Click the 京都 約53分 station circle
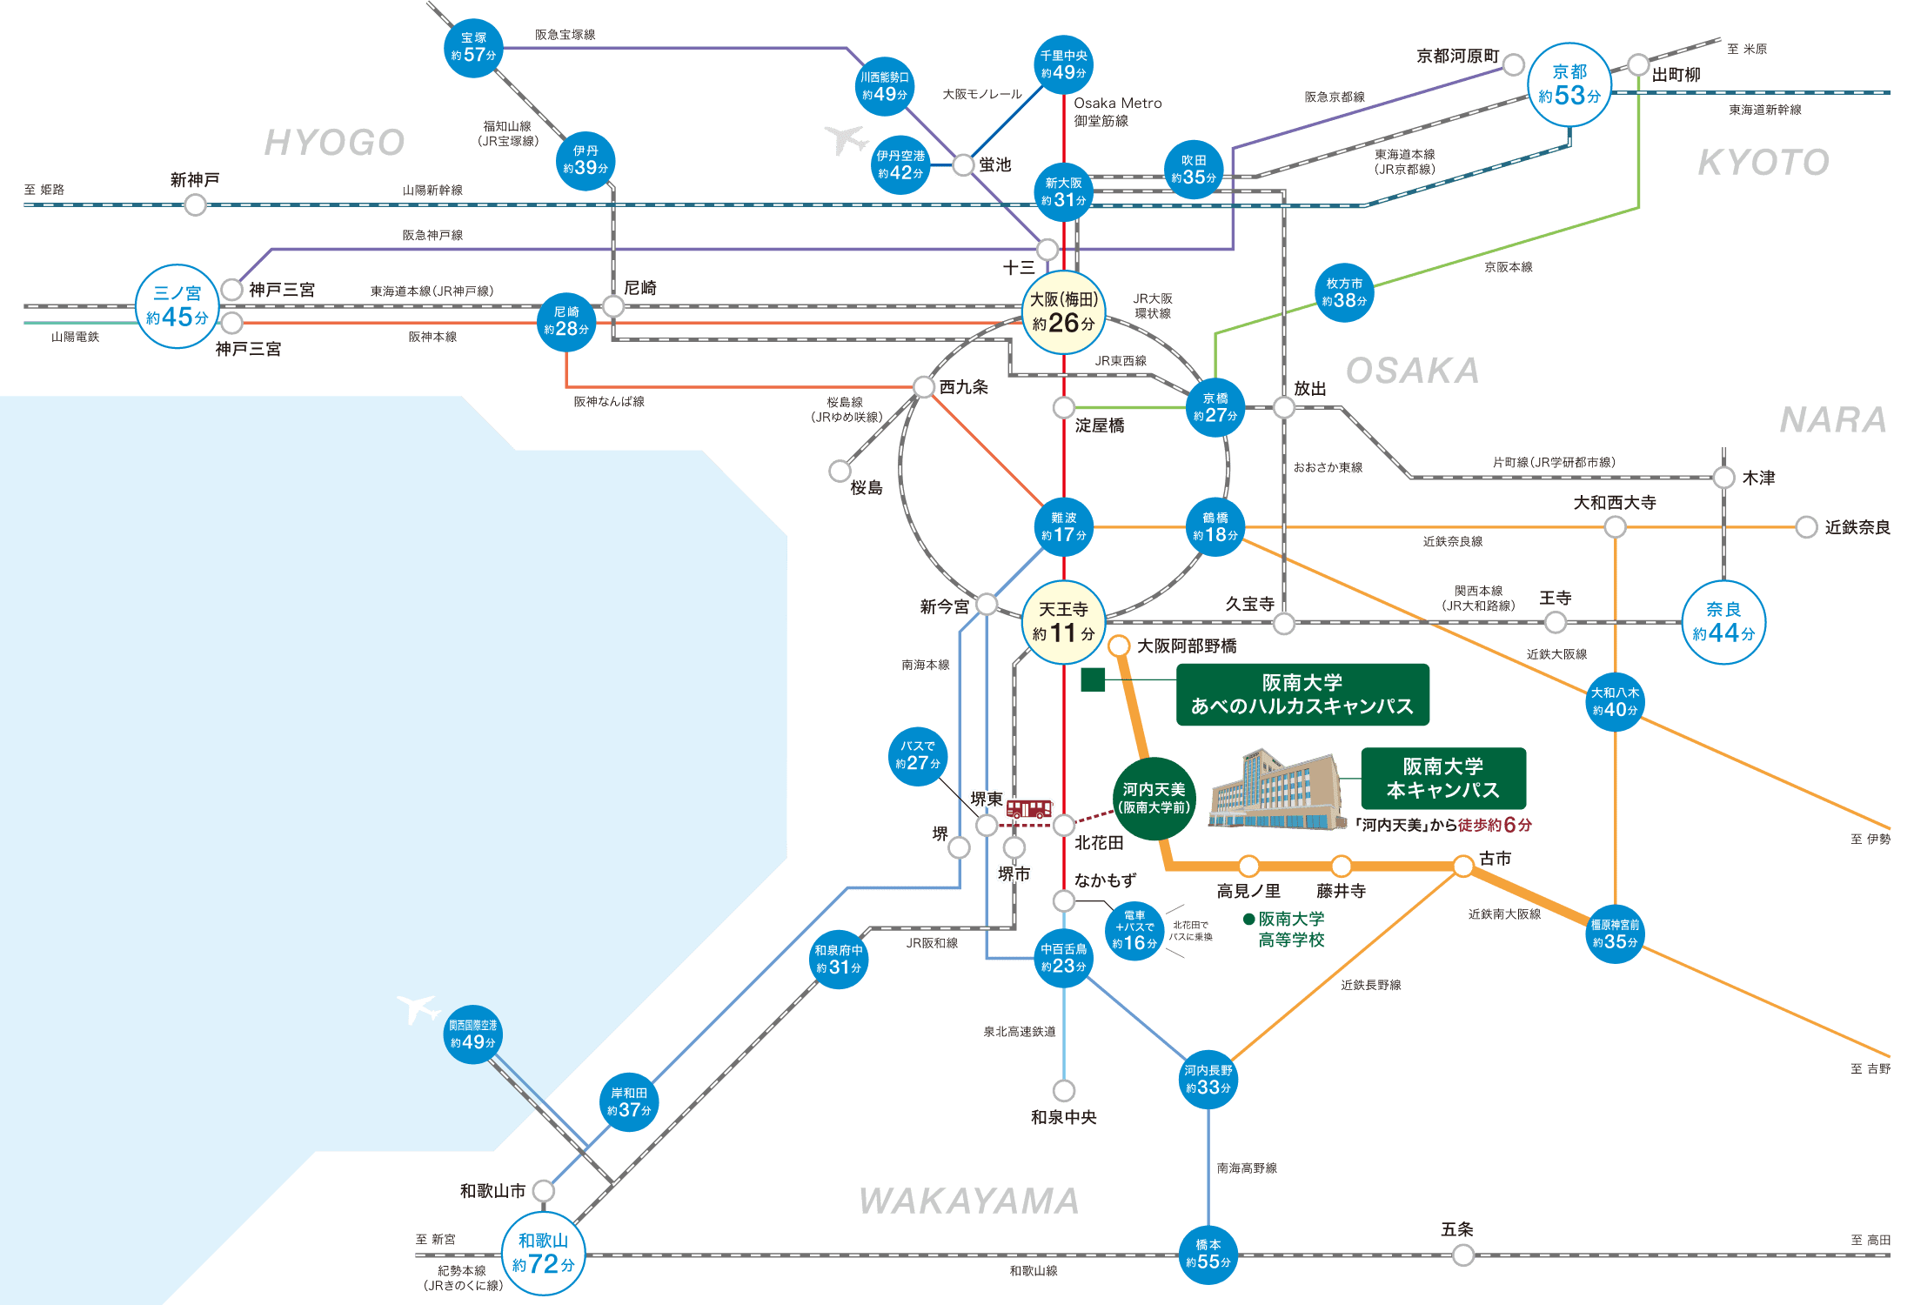[x=1569, y=85]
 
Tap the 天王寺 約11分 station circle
[x=1063, y=622]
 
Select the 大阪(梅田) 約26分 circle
[x=1063, y=312]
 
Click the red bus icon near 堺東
[x=1029, y=809]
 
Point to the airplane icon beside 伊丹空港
[x=846, y=139]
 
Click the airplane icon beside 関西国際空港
[x=418, y=1009]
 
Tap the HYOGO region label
[x=335, y=143]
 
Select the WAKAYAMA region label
[x=969, y=1201]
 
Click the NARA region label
[x=1833, y=420]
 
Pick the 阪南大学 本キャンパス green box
[x=1443, y=779]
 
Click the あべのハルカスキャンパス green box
[x=1302, y=694]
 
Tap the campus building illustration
[x=1275, y=790]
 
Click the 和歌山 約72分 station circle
[x=544, y=1253]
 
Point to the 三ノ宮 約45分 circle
[x=177, y=306]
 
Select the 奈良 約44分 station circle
[x=1723, y=622]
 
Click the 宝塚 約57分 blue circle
[x=473, y=48]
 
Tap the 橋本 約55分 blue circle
[x=1208, y=1254]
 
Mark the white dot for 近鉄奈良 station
[x=1807, y=527]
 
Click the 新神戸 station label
[x=195, y=180]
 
